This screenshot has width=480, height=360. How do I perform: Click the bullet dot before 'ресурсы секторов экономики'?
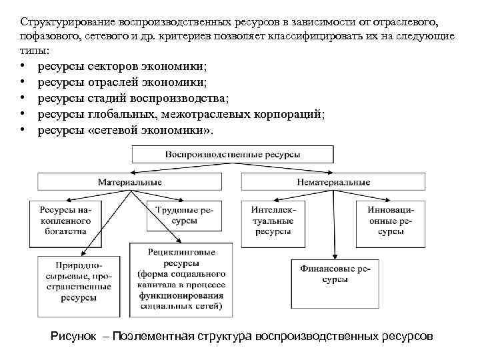click(x=23, y=67)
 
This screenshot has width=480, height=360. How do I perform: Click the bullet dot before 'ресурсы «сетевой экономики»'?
click(x=23, y=131)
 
